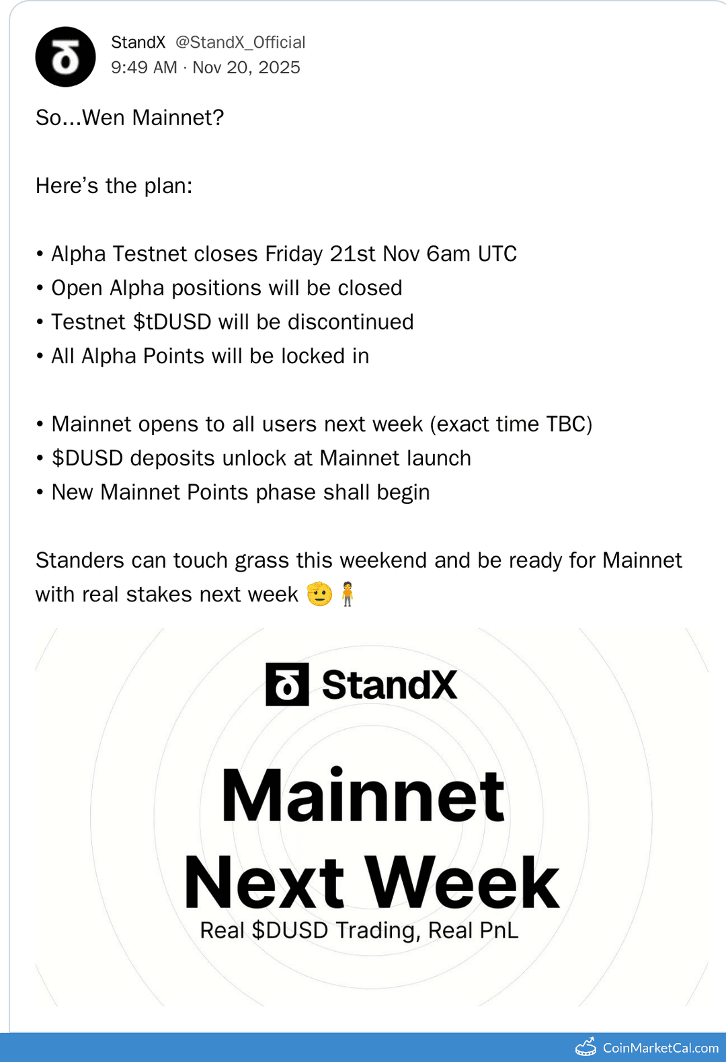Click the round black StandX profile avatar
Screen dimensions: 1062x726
point(65,57)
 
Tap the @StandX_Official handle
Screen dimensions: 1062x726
point(240,42)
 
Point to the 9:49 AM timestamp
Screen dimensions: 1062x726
point(144,67)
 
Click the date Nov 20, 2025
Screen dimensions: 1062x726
point(246,67)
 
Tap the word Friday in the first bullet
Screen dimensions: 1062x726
point(294,254)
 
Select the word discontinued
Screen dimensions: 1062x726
point(350,322)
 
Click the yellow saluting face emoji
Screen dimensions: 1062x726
point(319,594)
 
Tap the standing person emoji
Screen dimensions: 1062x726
point(347,594)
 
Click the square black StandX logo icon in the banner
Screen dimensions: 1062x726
point(287,685)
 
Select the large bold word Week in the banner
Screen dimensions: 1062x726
point(462,882)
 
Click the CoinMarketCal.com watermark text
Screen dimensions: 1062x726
point(660,1048)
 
